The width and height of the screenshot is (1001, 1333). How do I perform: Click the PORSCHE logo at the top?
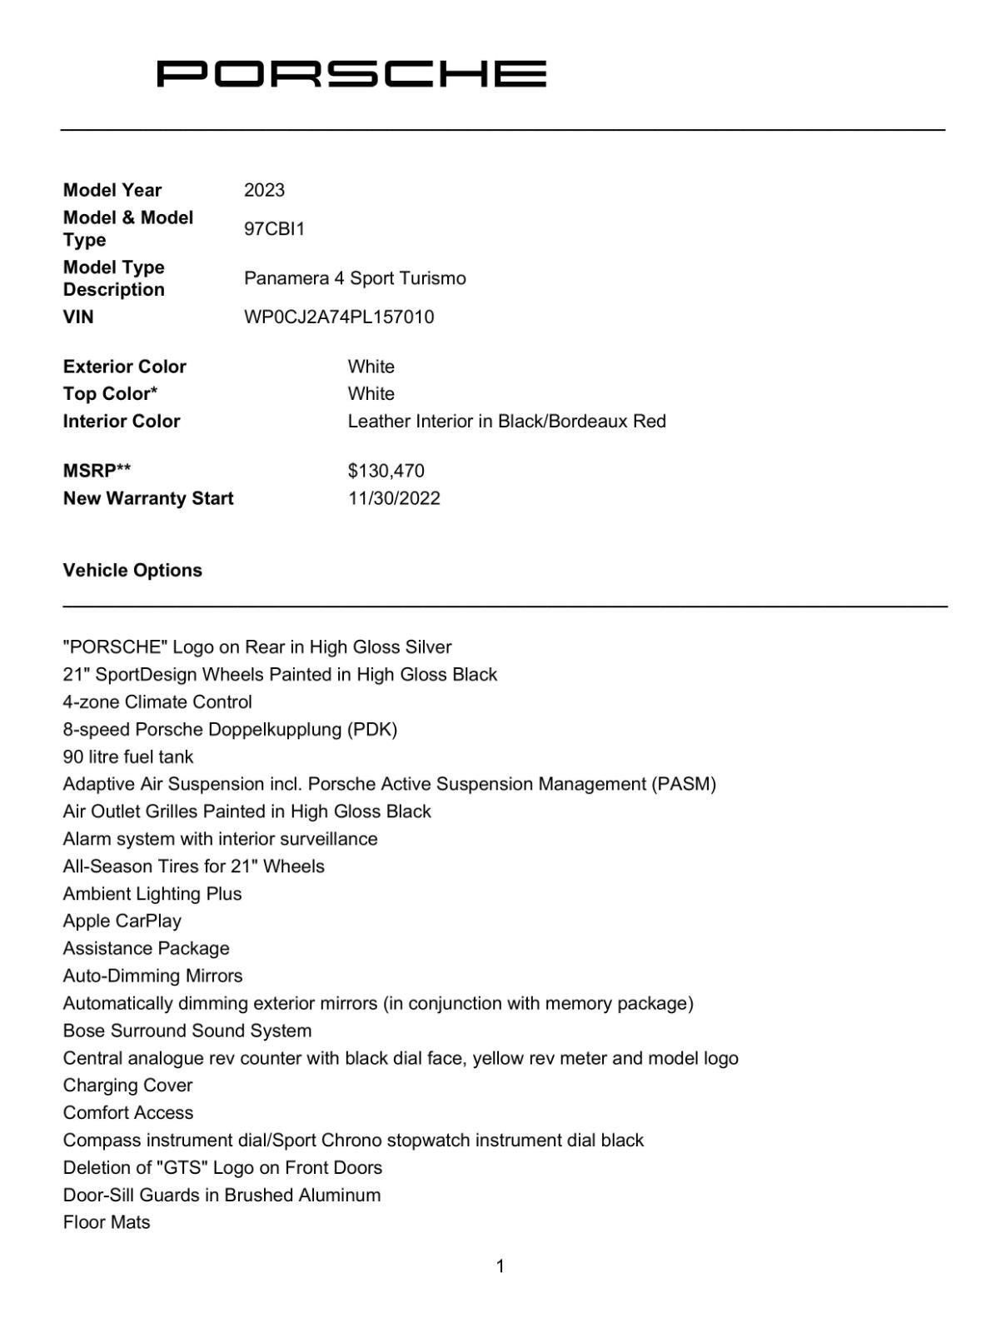pyautogui.click(x=351, y=73)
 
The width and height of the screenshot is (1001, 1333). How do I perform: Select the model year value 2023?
pyautogui.click(x=264, y=190)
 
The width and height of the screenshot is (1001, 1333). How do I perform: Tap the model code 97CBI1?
pyautogui.click(x=274, y=228)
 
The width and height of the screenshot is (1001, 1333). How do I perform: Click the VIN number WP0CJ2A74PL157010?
pyautogui.click(x=339, y=317)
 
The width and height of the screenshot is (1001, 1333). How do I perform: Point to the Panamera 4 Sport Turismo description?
pyautogui.click(x=355, y=278)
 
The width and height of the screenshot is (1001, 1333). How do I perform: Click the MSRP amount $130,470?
pyautogui.click(x=386, y=471)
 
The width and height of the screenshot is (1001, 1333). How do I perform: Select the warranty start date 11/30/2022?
pyautogui.click(x=394, y=498)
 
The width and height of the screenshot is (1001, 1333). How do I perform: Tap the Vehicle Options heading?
pyautogui.click(x=132, y=570)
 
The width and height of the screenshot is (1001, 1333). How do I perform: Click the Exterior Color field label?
pyautogui.click(x=124, y=367)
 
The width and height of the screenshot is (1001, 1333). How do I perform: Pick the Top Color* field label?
pyautogui.click(x=110, y=393)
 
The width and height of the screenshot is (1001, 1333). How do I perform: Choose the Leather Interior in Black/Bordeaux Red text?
pyautogui.click(x=506, y=421)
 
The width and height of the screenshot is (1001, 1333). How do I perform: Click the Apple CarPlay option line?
pyautogui.click(x=122, y=921)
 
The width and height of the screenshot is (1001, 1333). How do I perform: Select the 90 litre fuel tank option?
pyautogui.click(x=127, y=756)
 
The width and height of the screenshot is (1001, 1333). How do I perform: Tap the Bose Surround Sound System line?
pyautogui.click(x=187, y=1031)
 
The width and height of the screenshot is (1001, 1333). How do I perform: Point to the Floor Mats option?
pyautogui.click(x=107, y=1222)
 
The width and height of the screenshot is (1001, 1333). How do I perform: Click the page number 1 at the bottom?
pyautogui.click(x=500, y=1266)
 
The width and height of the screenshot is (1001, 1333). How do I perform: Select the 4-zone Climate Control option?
pyautogui.click(x=157, y=701)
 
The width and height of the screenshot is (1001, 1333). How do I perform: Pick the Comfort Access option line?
pyautogui.click(x=127, y=1112)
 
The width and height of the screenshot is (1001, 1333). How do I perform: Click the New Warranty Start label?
pyautogui.click(x=148, y=498)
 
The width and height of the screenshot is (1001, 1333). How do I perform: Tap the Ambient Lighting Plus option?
pyautogui.click(x=152, y=893)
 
